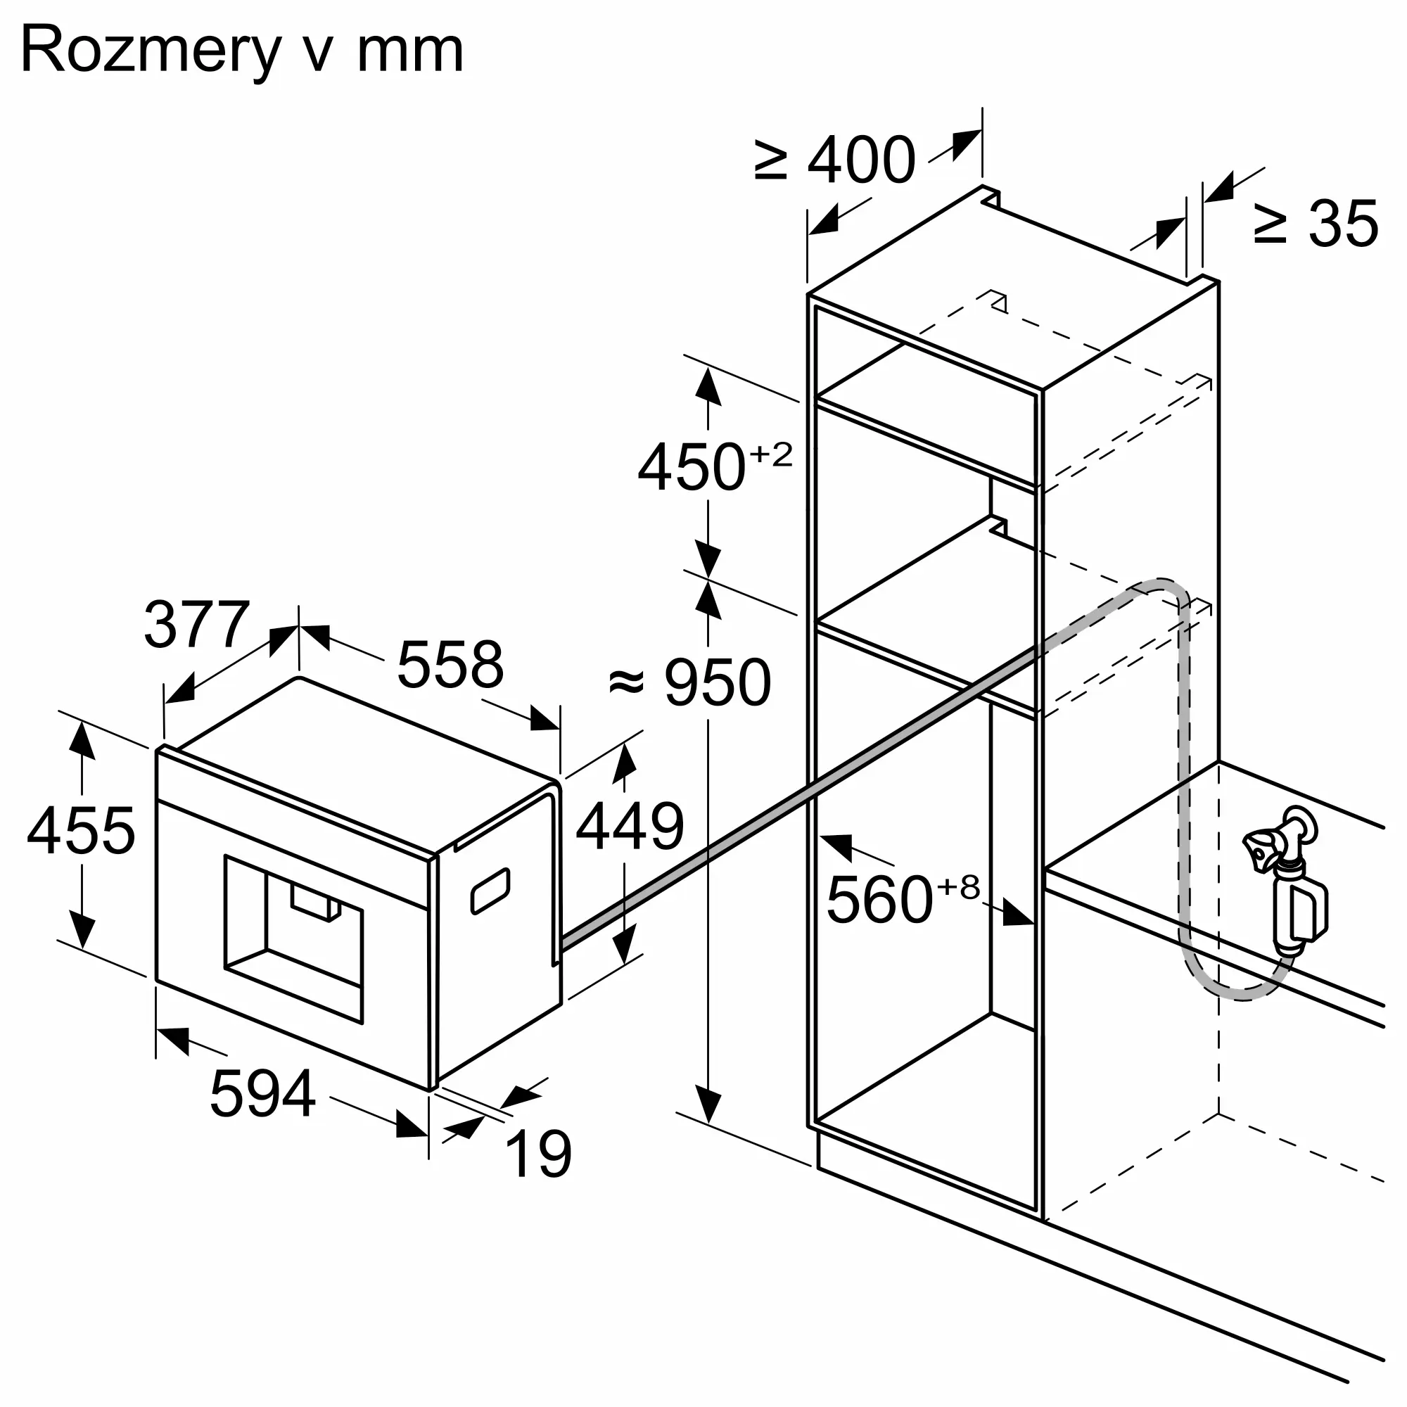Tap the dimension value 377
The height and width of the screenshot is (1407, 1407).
198,624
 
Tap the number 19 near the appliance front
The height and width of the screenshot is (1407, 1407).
538,1154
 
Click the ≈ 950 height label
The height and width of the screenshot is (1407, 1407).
689,682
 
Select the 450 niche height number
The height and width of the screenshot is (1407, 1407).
692,467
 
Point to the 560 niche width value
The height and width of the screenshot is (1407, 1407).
880,899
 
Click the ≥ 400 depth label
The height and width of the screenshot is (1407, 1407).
834,160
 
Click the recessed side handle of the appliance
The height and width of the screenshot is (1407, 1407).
490,890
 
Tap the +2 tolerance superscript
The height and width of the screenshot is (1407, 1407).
771,454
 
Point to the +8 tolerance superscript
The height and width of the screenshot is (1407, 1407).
958,887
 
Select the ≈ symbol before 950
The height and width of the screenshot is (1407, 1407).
627,682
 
